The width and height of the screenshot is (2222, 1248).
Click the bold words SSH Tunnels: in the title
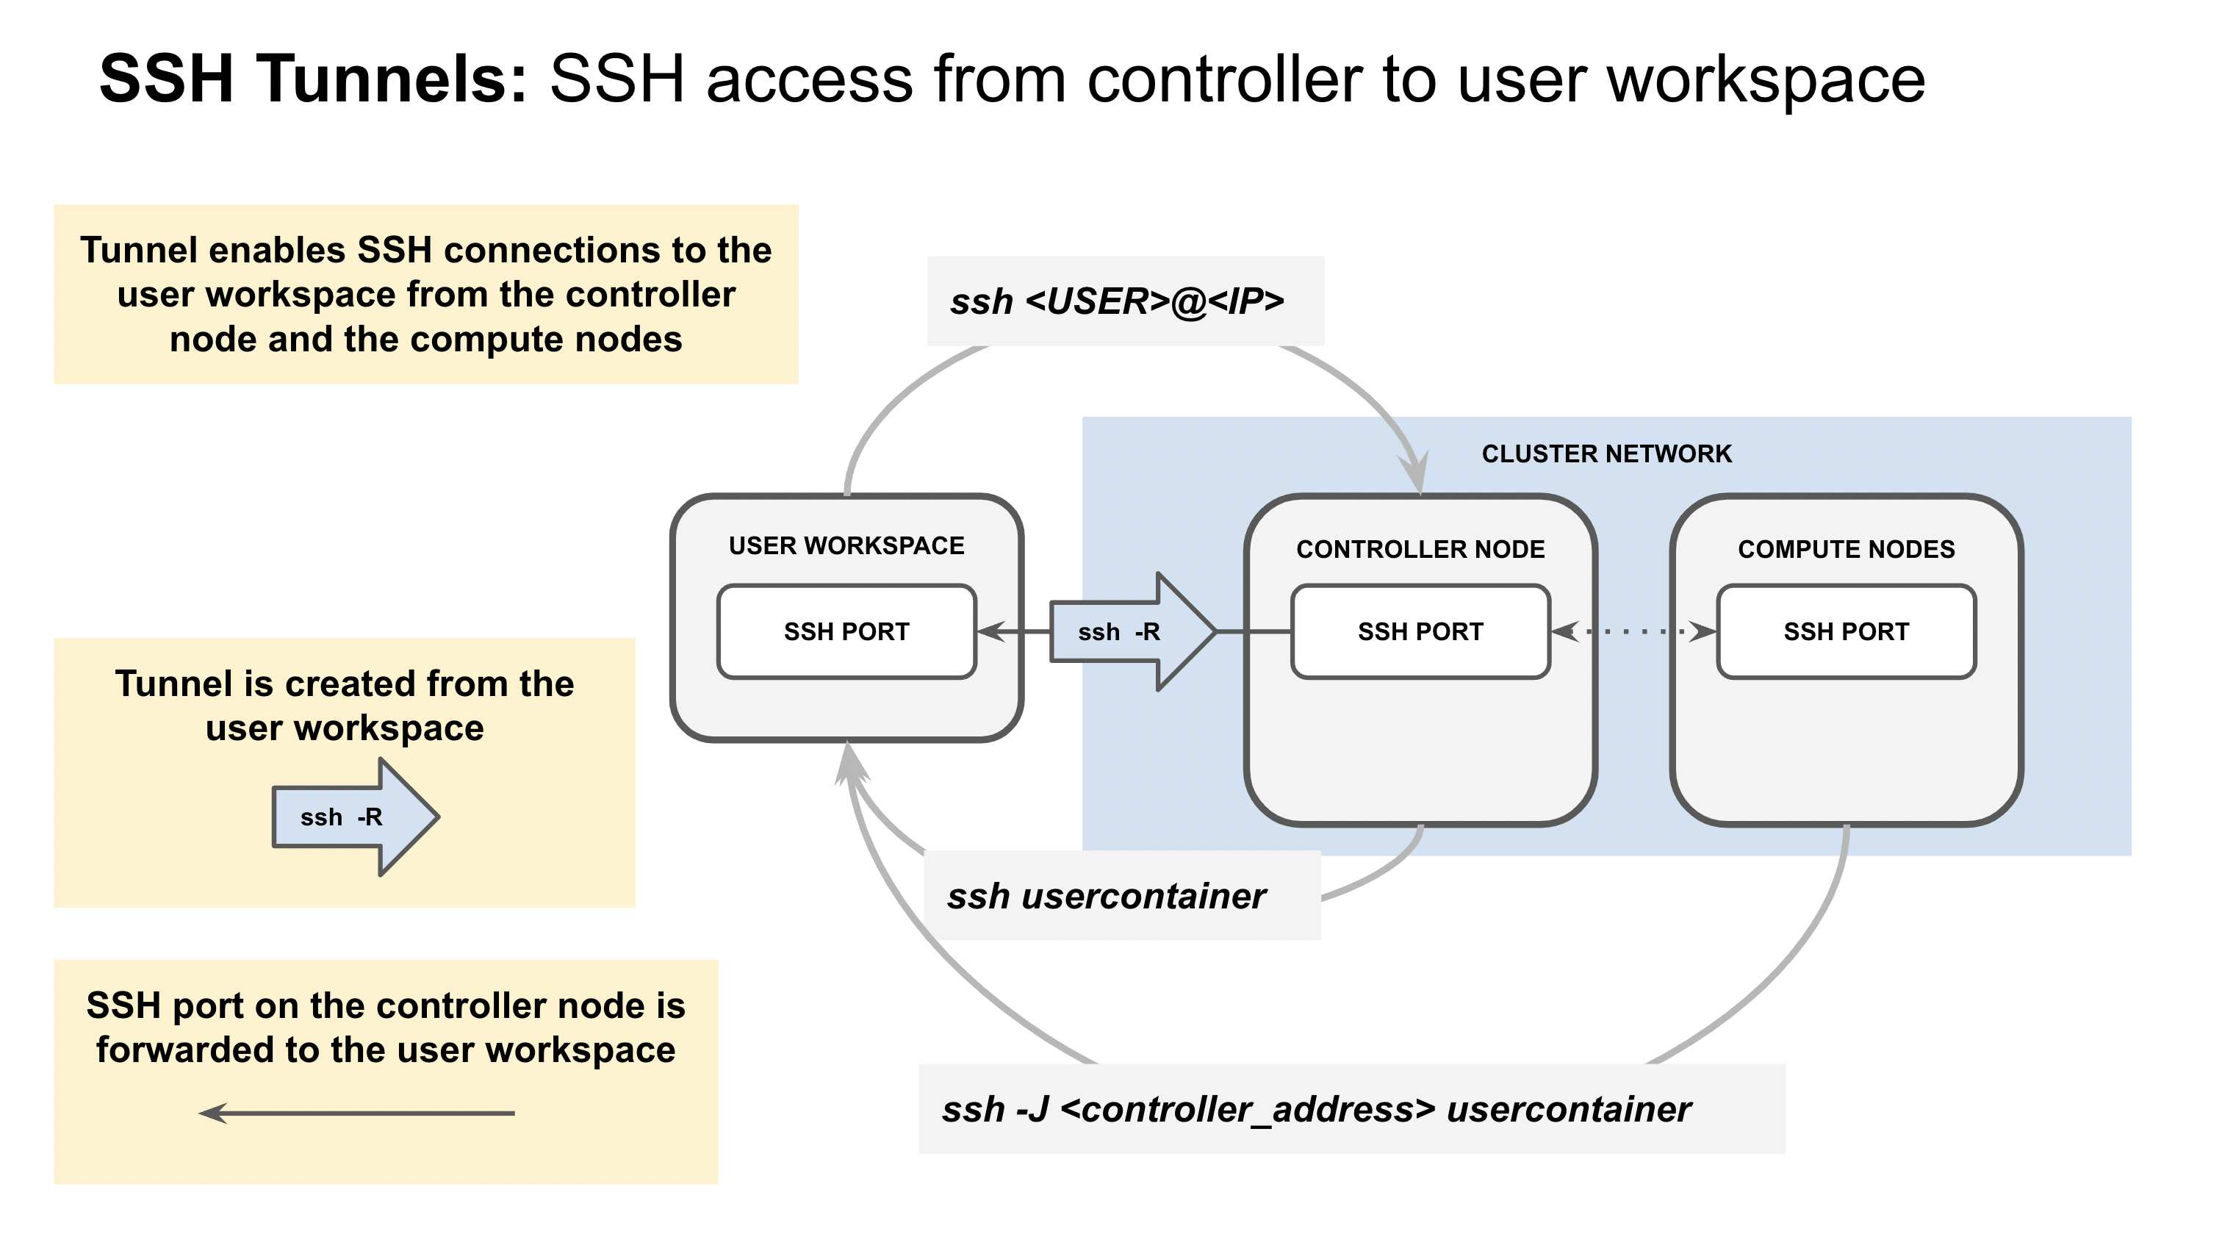pos(312,79)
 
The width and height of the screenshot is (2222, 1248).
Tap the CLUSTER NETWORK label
pos(1606,454)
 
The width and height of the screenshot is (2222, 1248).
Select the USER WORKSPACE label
pos(846,545)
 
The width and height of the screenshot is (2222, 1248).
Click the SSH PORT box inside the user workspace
pos(846,632)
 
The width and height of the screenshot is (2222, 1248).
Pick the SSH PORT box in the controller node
pos(1420,632)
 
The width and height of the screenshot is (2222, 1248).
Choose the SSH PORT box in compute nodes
pos(1846,632)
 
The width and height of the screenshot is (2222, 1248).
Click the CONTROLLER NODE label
pos(1420,549)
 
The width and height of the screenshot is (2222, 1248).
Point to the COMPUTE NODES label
pos(1846,549)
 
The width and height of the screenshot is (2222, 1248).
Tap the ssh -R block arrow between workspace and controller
pos(1130,632)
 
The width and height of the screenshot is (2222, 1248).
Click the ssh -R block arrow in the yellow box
pos(353,817)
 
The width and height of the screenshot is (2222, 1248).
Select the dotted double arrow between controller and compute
pos(1633,632)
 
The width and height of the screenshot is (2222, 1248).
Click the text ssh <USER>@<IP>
pos(1117,301)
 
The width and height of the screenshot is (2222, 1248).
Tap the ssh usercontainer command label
pos(1107,896)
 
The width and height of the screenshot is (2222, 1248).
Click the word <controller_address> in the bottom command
pos(1247,1109)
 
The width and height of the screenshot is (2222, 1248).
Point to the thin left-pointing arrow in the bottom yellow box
pos(356,1113)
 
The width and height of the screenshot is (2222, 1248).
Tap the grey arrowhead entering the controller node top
pos(1414,473)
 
